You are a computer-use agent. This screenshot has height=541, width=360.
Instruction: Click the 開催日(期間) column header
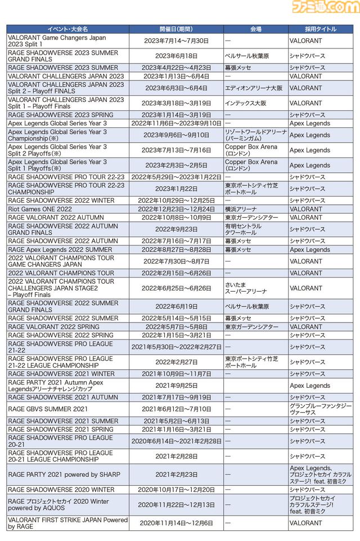pos(176,29)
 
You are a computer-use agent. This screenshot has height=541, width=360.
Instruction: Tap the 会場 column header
pos(255,29)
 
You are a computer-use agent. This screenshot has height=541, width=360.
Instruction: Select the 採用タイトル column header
pos(321,29)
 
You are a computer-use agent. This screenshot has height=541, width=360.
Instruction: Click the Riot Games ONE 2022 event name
pos(40,209)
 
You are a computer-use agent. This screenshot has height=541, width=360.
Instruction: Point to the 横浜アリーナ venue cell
pos(242,209)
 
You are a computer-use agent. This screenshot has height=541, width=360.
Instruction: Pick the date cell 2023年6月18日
pos(176,56)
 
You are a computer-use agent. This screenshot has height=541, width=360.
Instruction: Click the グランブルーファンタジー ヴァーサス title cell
pos(321,409)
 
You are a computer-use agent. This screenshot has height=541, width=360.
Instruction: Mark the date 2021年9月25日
pos(176,386)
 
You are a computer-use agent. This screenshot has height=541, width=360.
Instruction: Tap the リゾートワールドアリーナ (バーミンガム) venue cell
pos(255,135)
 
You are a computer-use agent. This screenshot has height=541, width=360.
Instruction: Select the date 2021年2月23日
pos(176,475)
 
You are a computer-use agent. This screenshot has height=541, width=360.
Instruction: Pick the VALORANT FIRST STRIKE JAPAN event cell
pos(67,523)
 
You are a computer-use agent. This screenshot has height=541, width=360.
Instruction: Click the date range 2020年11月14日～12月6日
pos(176,523)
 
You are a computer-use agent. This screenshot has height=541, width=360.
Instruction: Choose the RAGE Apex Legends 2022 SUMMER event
pos(60,249)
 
